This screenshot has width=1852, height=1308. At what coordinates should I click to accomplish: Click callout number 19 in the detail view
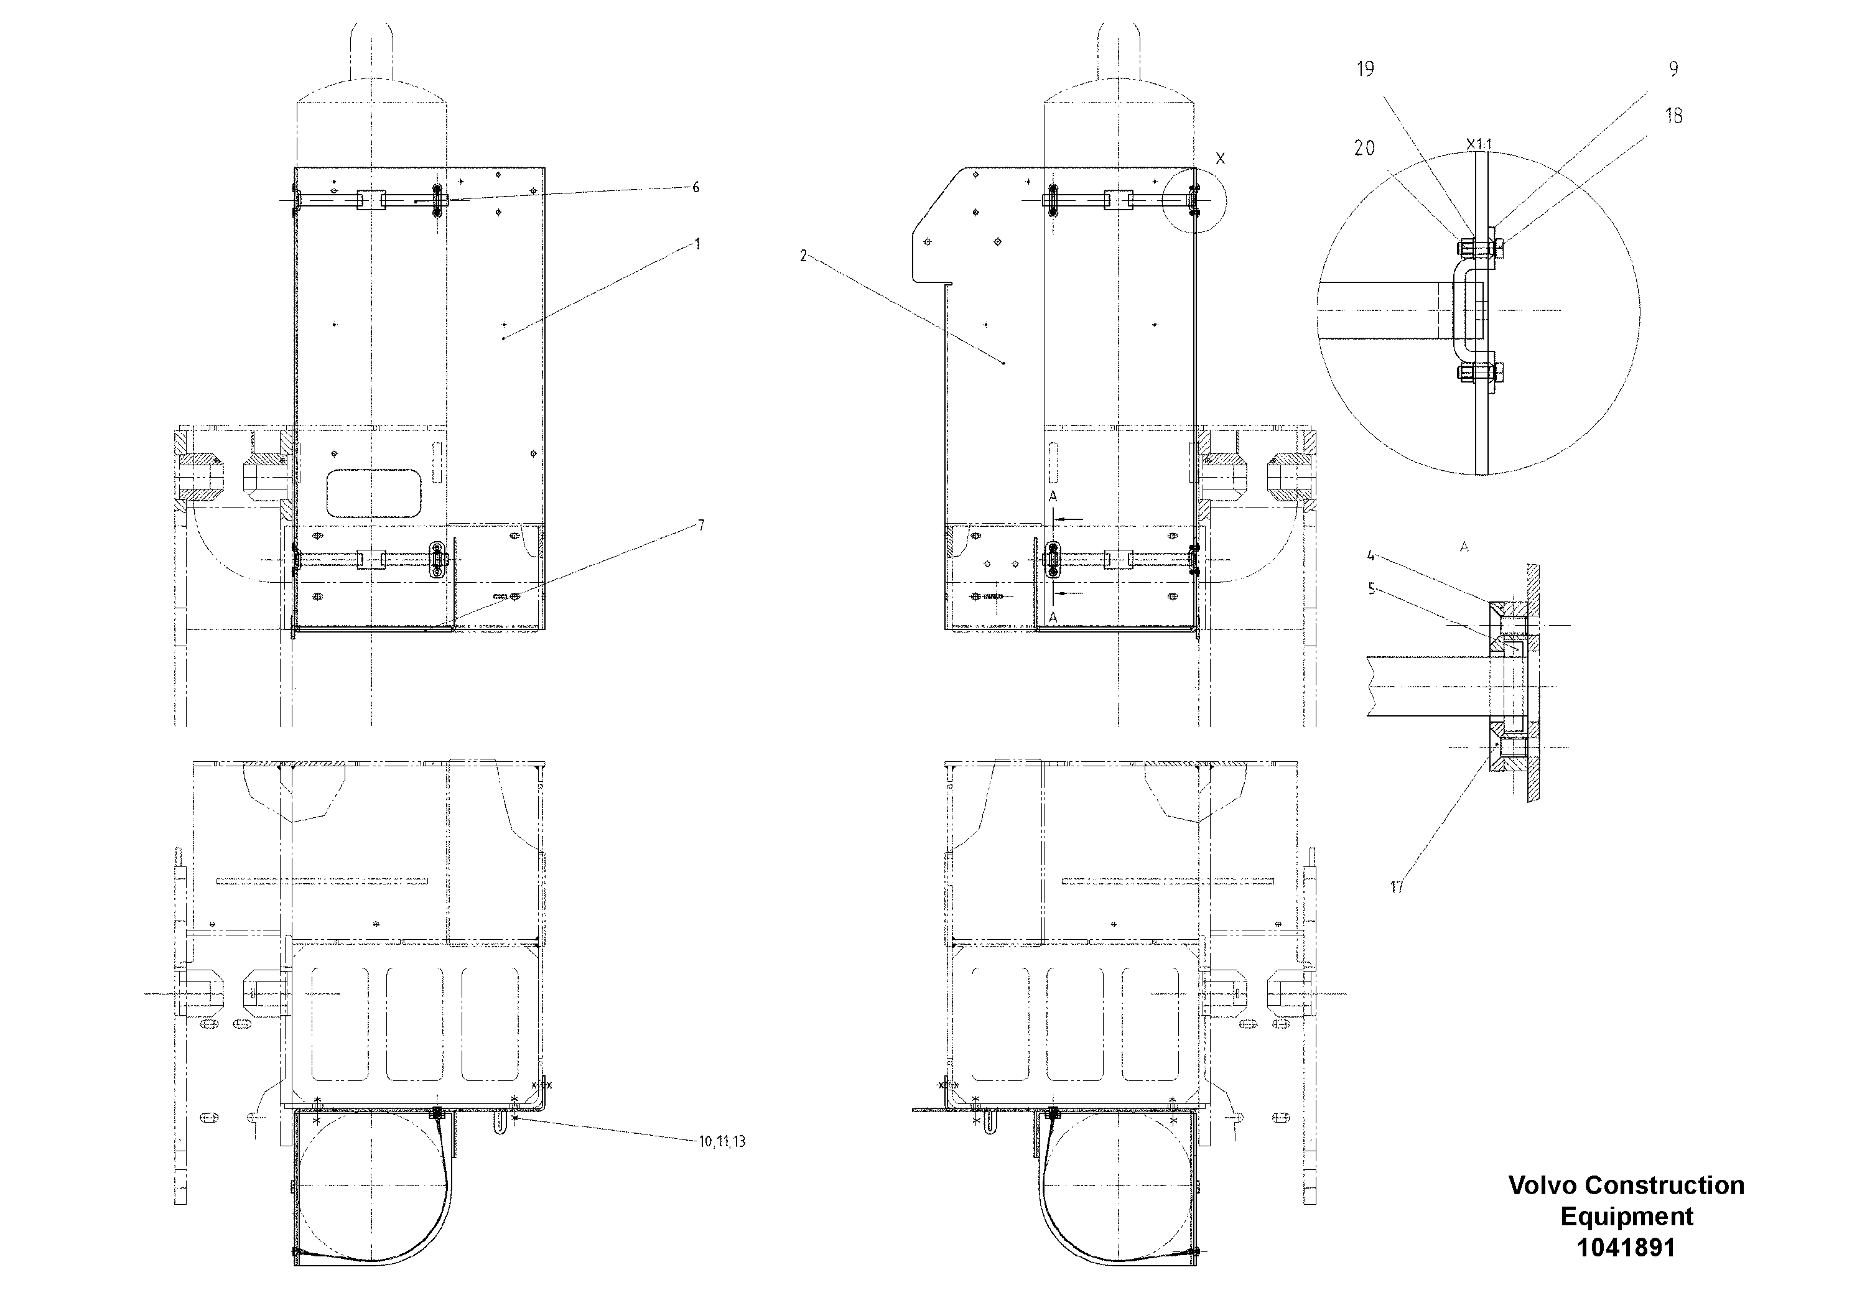1365,70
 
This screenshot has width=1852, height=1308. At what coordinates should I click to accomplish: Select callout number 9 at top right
1673,70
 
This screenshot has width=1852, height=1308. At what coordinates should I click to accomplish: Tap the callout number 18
1673,116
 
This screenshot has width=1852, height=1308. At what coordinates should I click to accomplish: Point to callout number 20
1364,149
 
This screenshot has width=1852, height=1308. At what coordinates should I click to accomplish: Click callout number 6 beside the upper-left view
696,188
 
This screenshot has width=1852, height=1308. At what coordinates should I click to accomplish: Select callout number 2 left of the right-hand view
803,256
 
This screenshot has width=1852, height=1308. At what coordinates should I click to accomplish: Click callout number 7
700,526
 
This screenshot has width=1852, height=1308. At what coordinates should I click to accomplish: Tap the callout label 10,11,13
722,1141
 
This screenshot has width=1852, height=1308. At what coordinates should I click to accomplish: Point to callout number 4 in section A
1371,555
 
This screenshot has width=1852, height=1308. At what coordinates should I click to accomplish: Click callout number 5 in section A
1371,590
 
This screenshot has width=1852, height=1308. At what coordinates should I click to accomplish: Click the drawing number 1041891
1626,1248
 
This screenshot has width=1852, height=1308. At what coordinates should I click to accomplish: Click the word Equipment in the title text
1626,1216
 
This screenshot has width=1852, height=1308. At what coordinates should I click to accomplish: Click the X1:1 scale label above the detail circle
1479,145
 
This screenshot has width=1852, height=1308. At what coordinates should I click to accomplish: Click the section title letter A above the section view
1464,547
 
